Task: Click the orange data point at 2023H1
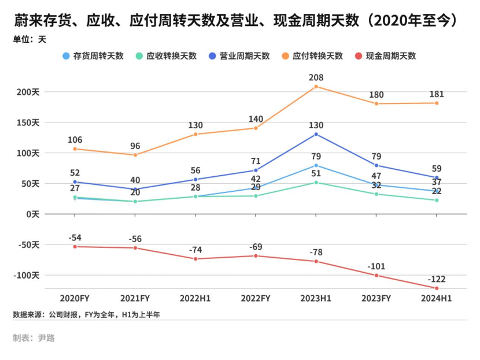[316, 87]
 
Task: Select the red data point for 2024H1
[436, 288]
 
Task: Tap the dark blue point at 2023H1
[316, 134]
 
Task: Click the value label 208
[316, 77]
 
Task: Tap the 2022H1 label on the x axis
[195, 299]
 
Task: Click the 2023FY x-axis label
[376, 299]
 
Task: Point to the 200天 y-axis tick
[27, 92]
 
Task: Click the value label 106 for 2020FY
[75, 140]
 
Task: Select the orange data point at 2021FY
[135, 155]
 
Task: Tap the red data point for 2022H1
[195, 259]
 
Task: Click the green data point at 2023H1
[316, 183]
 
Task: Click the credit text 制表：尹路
[34, 338]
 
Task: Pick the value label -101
[376, 266]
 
